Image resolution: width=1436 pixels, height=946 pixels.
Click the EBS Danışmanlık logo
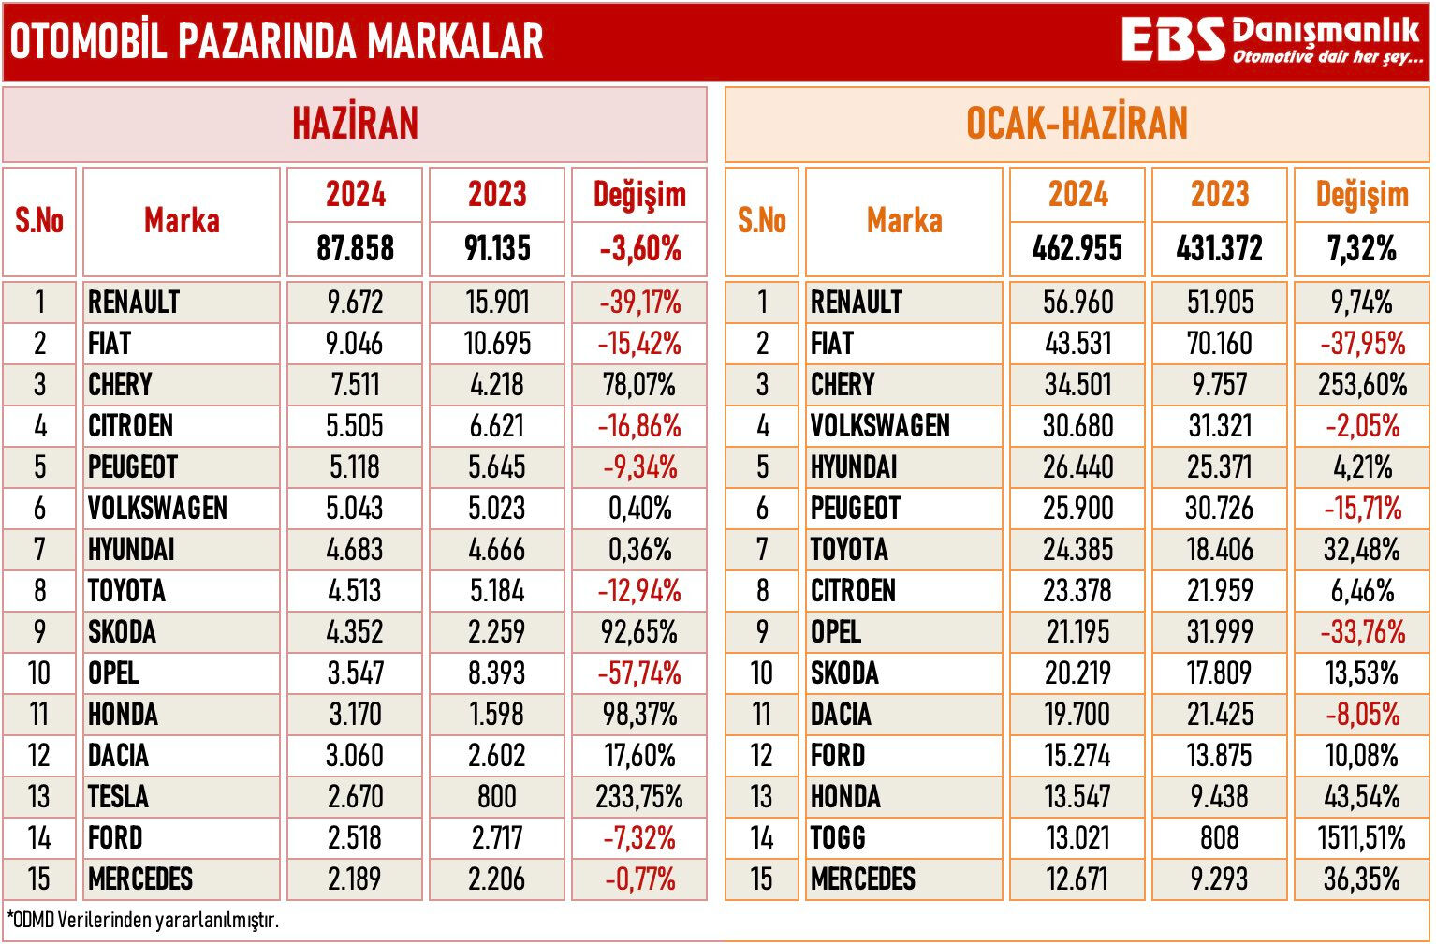[1270, 41]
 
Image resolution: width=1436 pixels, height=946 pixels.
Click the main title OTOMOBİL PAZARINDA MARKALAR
[277, 41]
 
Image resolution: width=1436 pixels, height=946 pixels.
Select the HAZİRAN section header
[355, 124]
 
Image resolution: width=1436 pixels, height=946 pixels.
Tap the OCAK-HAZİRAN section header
[1077, 124]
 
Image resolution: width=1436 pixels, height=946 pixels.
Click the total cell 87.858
[355, 249]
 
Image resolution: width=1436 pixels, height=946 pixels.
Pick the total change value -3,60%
[639, 249]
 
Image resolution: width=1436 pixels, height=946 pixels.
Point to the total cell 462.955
[1077, 249]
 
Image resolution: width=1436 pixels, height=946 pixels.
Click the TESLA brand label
[119, 797]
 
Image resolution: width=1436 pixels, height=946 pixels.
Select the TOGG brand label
[838, 838]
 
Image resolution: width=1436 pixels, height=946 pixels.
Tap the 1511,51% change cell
[1361, 838]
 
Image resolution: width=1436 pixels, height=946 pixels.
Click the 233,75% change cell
[639, 797]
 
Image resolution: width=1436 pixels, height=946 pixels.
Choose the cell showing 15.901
[497, 303]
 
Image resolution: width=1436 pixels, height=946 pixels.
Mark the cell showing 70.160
[1219, 344]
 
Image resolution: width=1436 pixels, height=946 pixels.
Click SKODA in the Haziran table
[122, 632]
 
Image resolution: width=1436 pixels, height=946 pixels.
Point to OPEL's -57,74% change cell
[639, 673]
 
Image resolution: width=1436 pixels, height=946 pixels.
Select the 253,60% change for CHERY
[1361, 385]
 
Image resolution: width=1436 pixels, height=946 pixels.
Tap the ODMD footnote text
[142, 920]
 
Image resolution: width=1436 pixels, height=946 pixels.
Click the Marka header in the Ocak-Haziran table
[903, 221]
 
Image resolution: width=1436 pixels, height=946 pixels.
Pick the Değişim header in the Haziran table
[639, 195]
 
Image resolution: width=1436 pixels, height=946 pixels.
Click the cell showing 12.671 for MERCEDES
[1077, 879]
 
